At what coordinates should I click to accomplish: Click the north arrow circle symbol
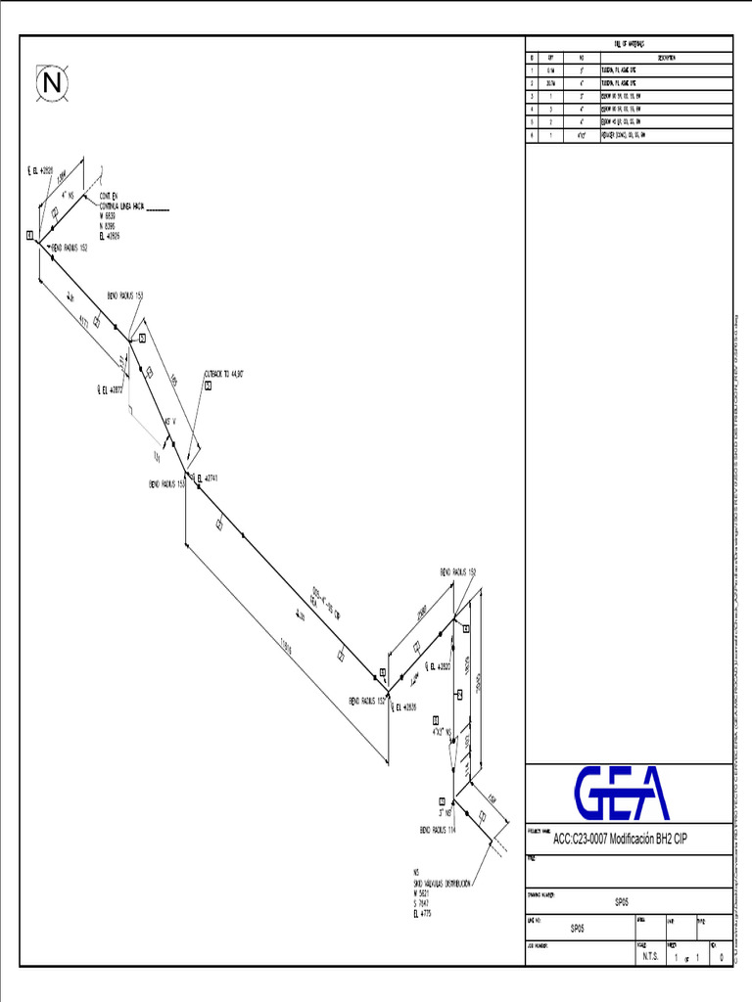[x=53, y=84]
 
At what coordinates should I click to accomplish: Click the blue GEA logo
[x=621, y=793]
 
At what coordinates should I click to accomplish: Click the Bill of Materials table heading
[x=629, y=44]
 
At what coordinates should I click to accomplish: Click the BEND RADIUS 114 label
[x=438, y=829]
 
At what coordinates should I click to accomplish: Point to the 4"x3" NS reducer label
[x=442, y=731]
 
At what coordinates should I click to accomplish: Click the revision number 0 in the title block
[x=721, y=958]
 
